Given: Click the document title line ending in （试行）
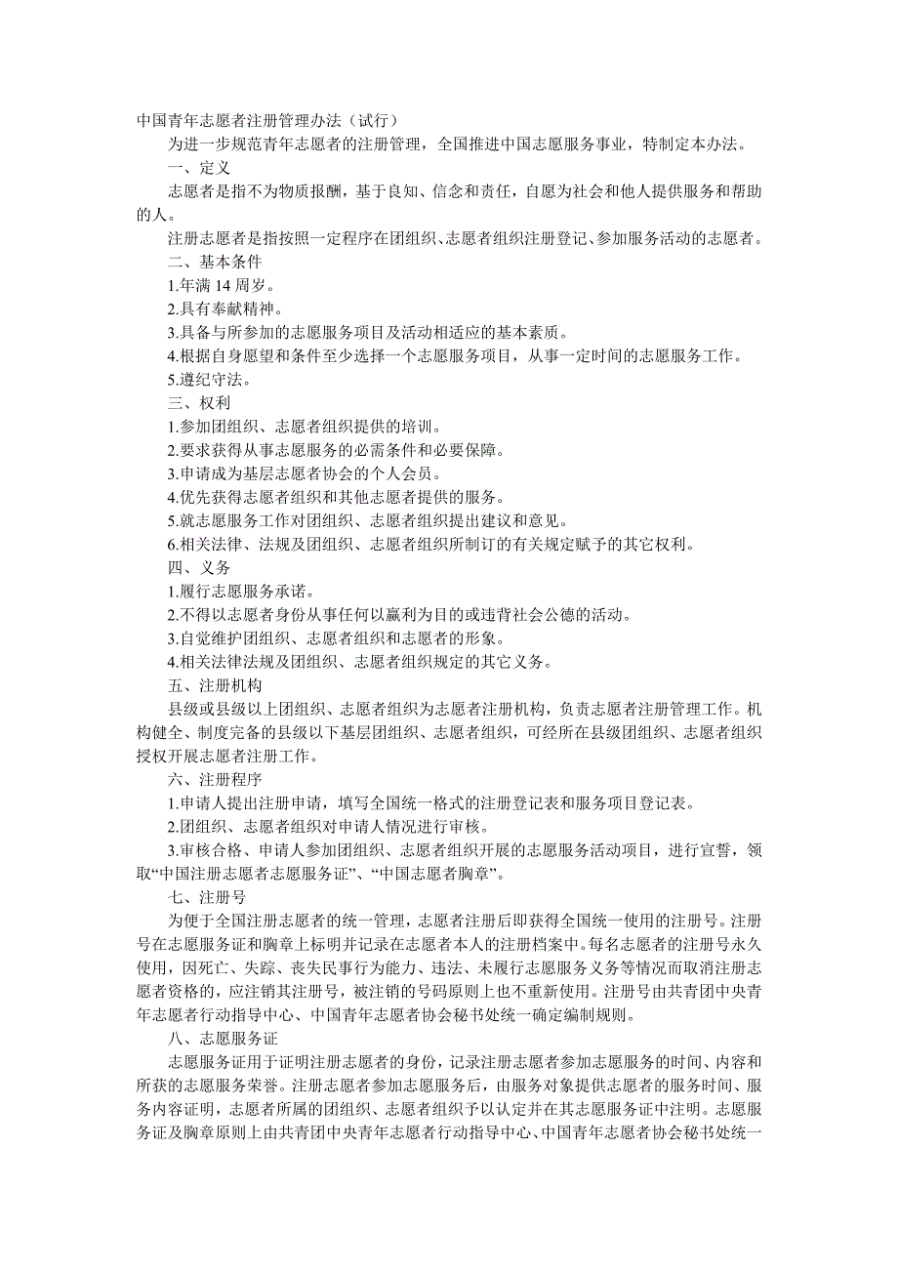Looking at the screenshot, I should point(266,121).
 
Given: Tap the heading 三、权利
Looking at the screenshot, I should point(199,402).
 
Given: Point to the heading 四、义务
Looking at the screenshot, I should point(199,566).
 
